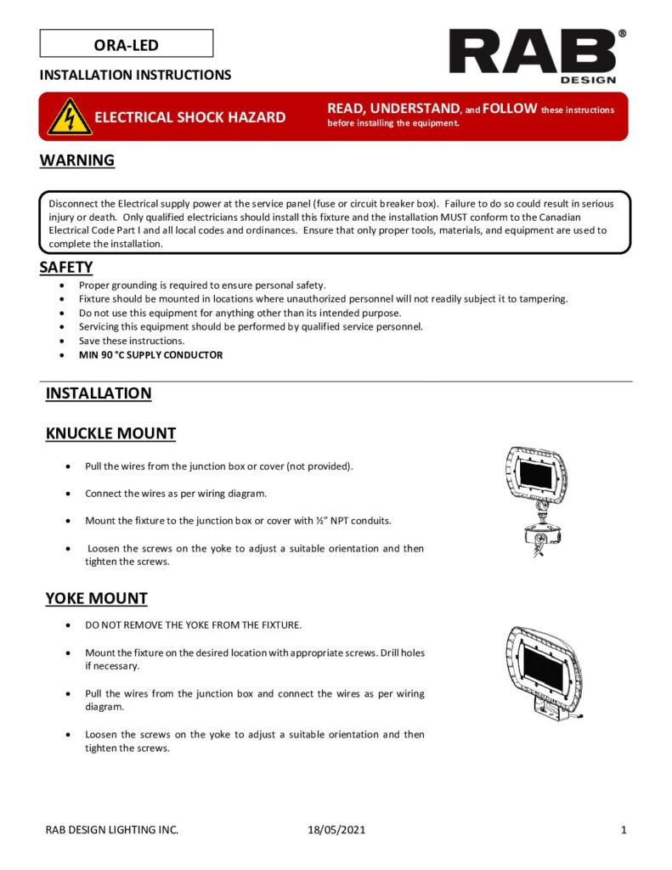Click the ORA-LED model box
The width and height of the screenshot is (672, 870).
pyautogui.click(x=127, y=44)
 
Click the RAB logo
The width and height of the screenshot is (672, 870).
pyautogui.click(x=533, y=52)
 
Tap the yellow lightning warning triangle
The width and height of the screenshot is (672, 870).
pyautogui.click(x=70, y=117)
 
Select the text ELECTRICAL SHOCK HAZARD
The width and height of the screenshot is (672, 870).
pyautogui.click(x=189, y=117)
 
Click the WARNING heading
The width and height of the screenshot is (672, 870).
pyautogui.click(x=77, y=161)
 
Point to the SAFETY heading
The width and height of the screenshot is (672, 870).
pyautogui.click(x=66, y=268)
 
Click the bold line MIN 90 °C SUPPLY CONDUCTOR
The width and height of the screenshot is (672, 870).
pyautogui.click(x=156, y=355)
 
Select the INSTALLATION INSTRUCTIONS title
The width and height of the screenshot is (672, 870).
pyautogui.click(x=135, y=75)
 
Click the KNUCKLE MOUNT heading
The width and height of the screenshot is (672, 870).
pyautogui.click(x=110, y=433)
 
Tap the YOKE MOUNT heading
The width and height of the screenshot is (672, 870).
pyautogui.click(x=96, y=598)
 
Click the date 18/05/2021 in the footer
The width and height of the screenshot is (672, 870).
pyautogui.click(x=336, y=830)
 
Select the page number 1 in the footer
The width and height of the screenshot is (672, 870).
pyautogui.click(x=624, y=830)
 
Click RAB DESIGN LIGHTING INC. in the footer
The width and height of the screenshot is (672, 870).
pyautogui.click(x=112, y=830)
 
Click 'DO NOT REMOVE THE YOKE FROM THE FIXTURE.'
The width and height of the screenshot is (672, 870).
pyautogui.click(x=194, y=625)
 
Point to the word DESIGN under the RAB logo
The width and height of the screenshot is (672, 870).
pyautogui.click(x=588, y=80)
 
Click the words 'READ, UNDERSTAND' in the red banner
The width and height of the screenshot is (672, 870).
pyautogui.click(x=393, y=108)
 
